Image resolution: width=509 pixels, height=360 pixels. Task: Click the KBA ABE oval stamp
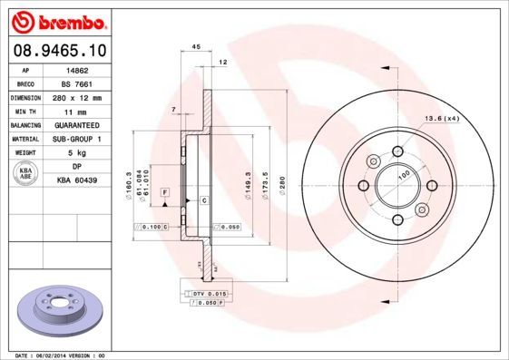25,173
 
